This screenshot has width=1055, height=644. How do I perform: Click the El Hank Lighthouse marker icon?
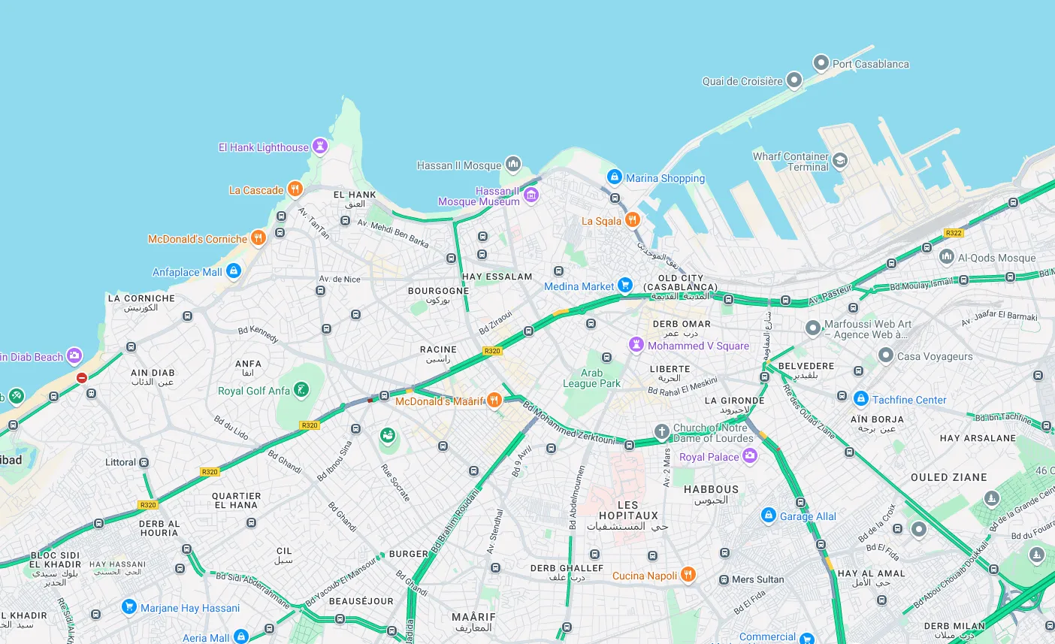[x=320, y=147]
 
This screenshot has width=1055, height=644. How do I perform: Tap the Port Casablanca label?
[x=870, y=64]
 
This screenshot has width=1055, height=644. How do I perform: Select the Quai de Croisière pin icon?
[x=794, y=80]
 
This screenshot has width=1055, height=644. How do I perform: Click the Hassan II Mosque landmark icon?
[x=513, y=164]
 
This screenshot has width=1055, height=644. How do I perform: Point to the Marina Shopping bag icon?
[x=615, y=177]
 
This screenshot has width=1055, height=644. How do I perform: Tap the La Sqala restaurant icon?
[x=633, y=220]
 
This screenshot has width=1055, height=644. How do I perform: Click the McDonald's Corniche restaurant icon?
[x=258, y=238]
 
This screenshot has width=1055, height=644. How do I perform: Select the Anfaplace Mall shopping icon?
[x=234, y=271]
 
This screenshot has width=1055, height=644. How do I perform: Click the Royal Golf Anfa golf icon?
[x=301, y=390]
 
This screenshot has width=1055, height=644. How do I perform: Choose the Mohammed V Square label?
[x=698, y=346]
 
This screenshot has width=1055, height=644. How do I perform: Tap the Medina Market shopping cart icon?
[x=625, y=286]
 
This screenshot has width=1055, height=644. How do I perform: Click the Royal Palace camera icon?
[x=750, y=456]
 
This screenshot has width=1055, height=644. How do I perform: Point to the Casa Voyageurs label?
[x=934, y=356]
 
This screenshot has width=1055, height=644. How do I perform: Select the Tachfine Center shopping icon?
[x=861, y=399]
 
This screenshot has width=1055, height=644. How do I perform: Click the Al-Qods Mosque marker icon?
[x=947, y=257]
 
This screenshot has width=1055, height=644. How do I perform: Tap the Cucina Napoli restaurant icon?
[x=688, y=575]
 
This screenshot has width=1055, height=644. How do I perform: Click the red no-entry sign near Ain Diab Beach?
[x=82, y=378]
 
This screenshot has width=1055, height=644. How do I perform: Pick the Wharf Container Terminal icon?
[x=840, y=160]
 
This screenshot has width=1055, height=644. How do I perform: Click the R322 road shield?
[x=954, y=233]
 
